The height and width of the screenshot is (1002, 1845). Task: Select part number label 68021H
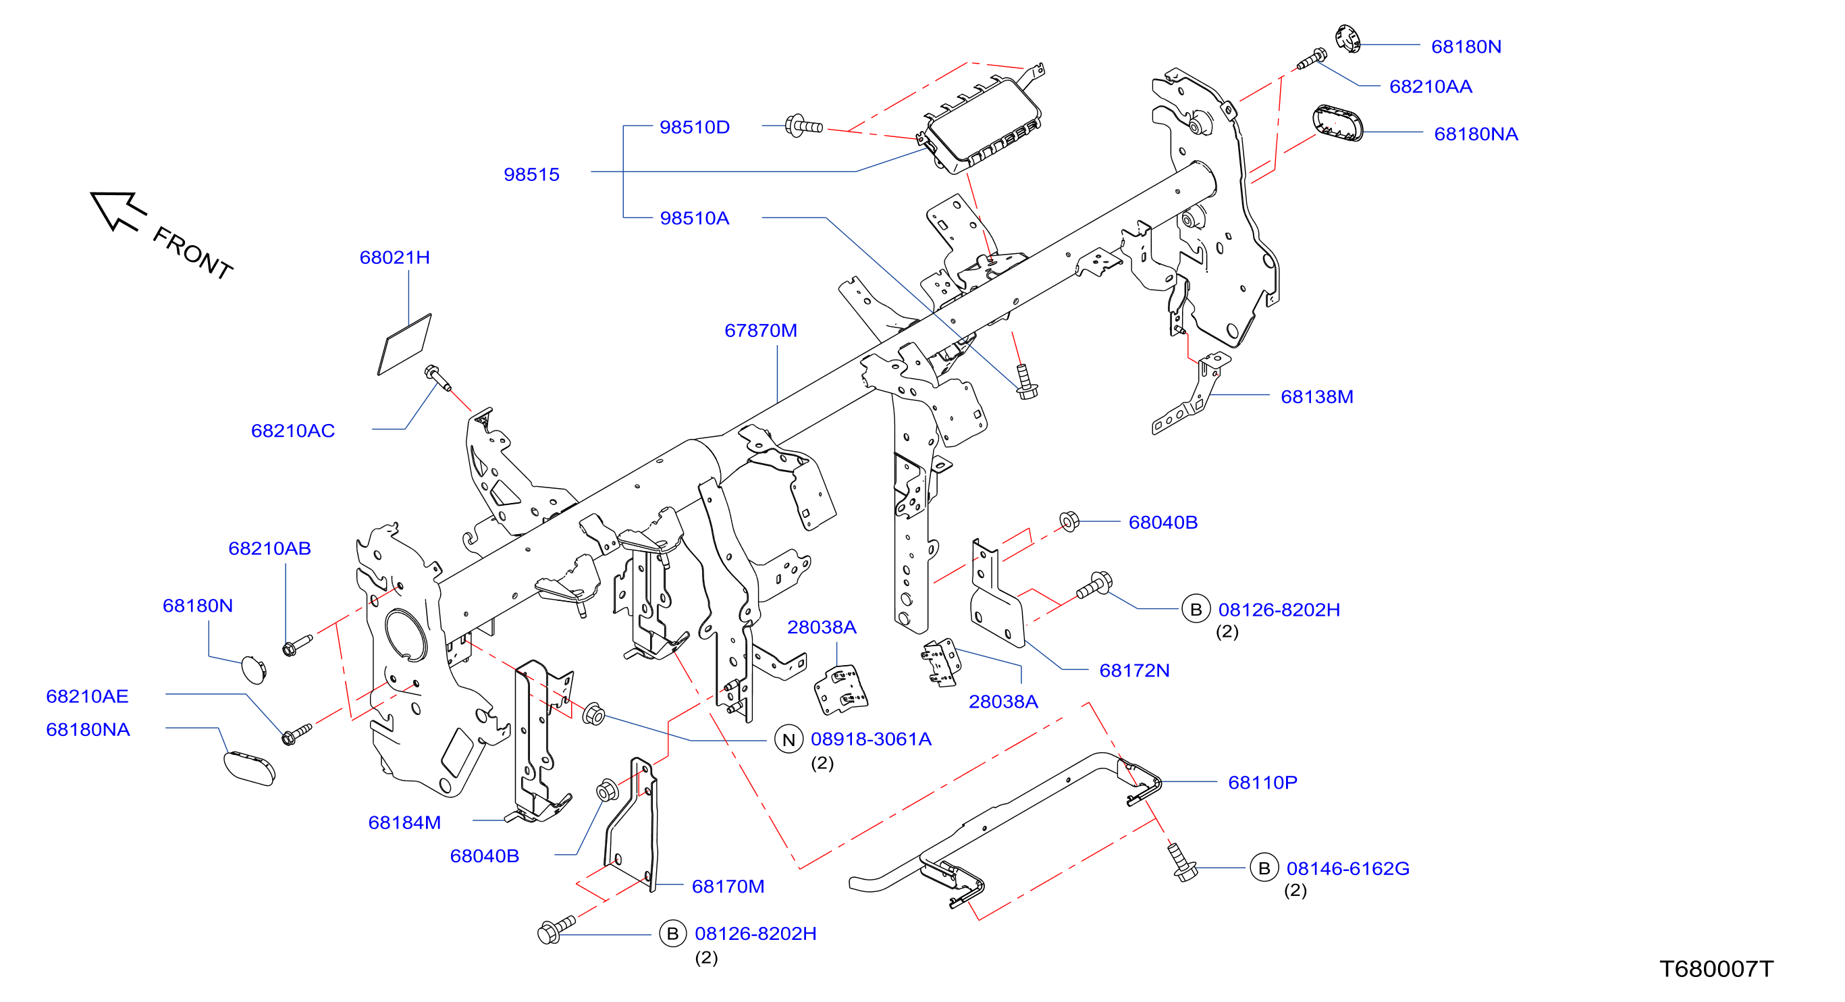click(395, 257)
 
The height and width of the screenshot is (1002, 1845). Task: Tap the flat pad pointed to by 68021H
click(404, 344)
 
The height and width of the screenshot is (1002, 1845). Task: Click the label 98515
click(531, 174)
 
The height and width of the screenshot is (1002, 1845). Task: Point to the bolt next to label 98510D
click(803, 126)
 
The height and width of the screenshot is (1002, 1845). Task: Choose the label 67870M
click(761, 330)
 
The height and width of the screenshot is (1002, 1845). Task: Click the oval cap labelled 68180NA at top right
click(1338, 123)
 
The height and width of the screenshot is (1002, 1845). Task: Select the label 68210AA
click(1430, 86)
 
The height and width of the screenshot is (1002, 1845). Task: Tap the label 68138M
click(1317, 397)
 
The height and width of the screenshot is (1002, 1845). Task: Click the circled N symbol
click(788, 740)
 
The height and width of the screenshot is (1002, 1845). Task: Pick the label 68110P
click(1262, 782)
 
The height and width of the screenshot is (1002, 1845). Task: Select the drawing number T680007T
click(1716, 969)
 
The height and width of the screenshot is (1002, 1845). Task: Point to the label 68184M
click(404, 822)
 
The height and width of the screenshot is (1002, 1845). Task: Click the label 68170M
click(728, 886)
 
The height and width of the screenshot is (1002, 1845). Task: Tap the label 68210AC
click(293, 431)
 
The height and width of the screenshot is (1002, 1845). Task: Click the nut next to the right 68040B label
click(1069, 521)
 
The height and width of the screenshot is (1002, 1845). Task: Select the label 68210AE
click(87, 696)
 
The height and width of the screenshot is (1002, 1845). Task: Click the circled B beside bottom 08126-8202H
click(672, 934)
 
